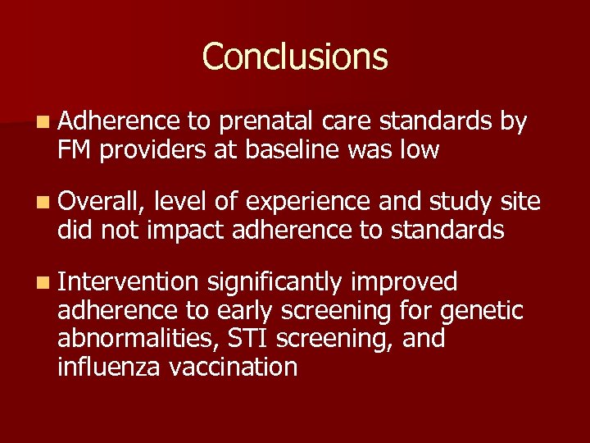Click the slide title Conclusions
[295, 57]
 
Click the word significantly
[275, 282]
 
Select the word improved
[404, 282]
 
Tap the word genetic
[483, 311]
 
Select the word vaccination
[234, 366]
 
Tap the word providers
[145, 150]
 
